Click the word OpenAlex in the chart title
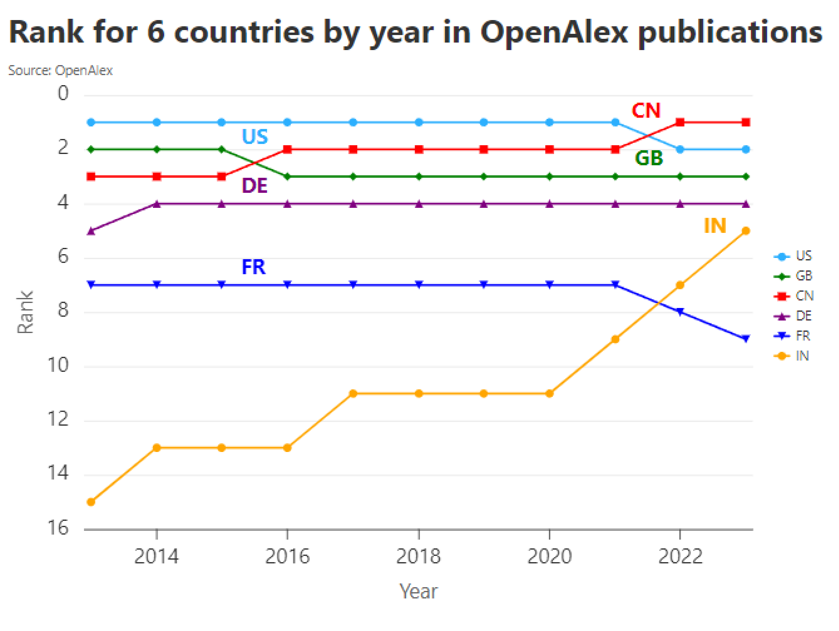pyautogui.click(x=554, y=33)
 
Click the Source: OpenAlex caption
pyautogui.click(x=61, y=71)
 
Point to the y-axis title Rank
pyautogui.click(x=25, y=312)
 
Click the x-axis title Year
pyautogui.click(x=418, y=591)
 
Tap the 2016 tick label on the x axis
pyautogui.click(x=287, y=556)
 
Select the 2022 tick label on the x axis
pyautogui.click(x=680, y=556)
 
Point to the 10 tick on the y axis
pyautogui.click(x=58, y=366)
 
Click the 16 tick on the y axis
pyautogui.click(x=58, y=528)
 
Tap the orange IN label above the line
pyautogui.click(x=715, y=226)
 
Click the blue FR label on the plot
pyautogui.click(x=254, y=268)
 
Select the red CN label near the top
pyautogui.click(x=646, y=111)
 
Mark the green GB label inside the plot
pyautogui.click(x=649, y=159)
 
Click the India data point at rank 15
pyautogui.click(x=91, y=502)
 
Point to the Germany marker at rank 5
pyautogui.click(x=91, y=231)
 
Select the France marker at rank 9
pyautogui.click(x=746, y=339)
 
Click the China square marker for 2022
pyautogui.click(x=680, y=122)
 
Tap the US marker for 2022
pyautogui.click(x=680, y=149)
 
